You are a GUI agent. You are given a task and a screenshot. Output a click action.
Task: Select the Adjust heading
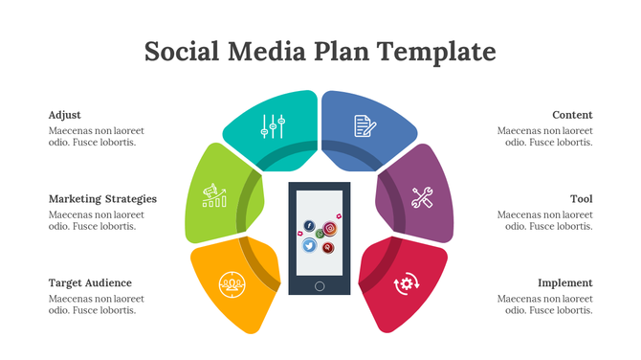[65, 115]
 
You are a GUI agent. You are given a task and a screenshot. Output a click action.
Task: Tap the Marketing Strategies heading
[102, 199]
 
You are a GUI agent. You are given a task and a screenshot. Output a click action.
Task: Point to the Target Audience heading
[90, 282]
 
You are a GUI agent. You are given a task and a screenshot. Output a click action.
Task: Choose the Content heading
[572, 115]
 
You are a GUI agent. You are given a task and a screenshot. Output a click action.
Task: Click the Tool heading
[582, 199]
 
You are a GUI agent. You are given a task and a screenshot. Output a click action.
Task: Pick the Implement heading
[564, 282]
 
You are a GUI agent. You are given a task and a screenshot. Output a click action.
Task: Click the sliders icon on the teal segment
[274, 126]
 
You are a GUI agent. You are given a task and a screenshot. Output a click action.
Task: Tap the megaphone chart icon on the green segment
[214, 196]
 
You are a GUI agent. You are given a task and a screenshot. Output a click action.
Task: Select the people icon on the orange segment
[230, 283]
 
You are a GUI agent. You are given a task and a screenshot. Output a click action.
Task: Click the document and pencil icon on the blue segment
[365, 125]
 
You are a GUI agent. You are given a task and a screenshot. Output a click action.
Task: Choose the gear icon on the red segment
[408, 282]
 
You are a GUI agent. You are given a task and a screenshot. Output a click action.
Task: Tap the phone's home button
[320, 285]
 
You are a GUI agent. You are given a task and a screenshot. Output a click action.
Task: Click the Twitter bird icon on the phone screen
[309, 245]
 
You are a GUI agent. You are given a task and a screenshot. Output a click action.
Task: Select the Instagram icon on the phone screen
[329, 228]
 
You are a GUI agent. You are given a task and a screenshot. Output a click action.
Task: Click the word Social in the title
[182, 51]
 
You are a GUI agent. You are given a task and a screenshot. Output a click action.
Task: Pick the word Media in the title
[267, 51]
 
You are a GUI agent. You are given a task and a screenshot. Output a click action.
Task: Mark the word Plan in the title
[344, 51]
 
